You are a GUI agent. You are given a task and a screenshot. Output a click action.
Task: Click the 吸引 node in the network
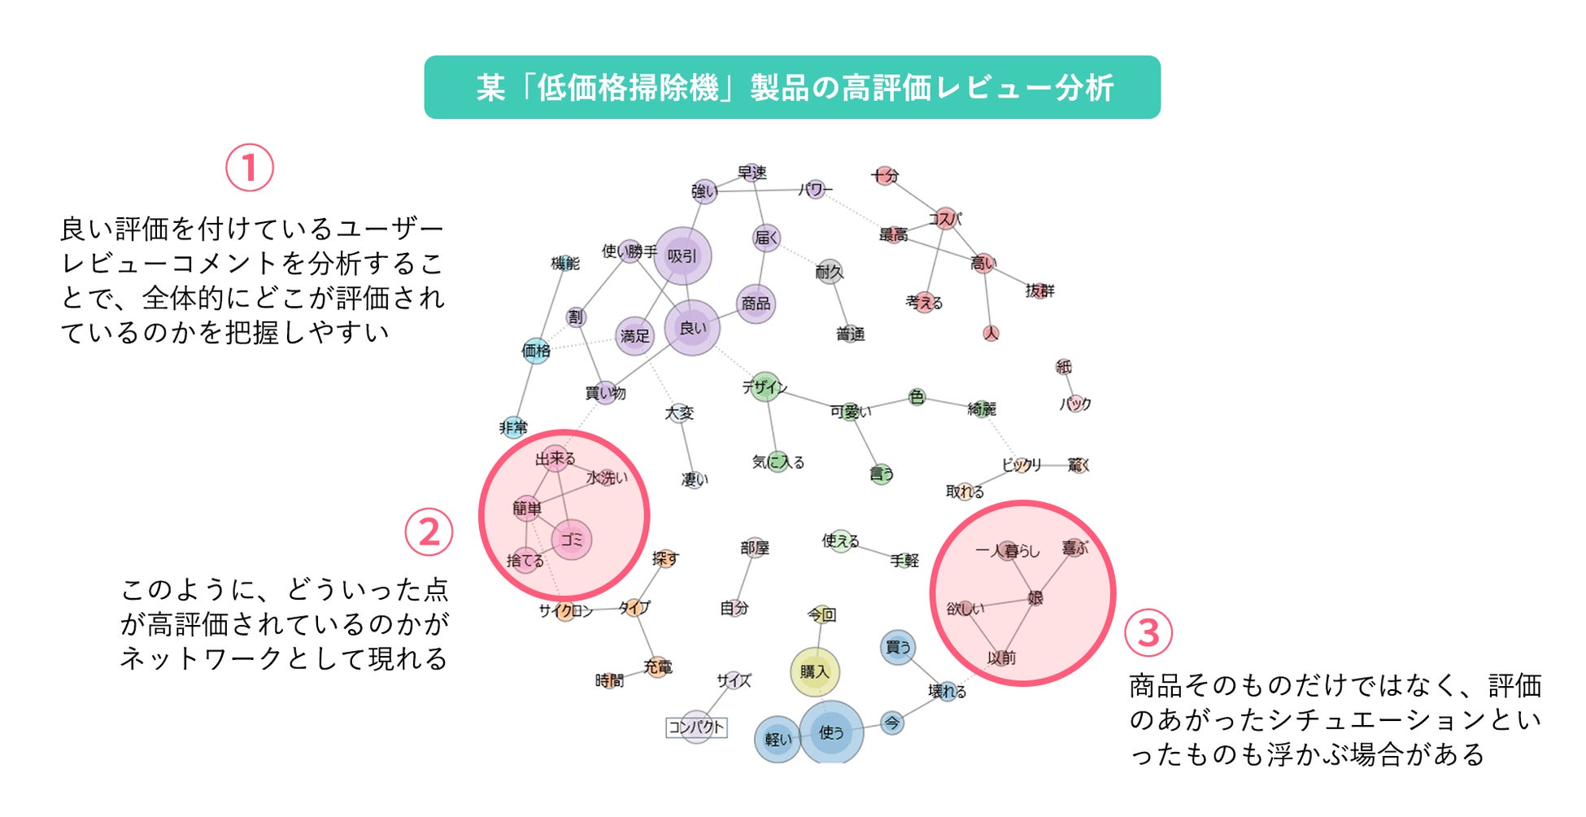click(682, 256)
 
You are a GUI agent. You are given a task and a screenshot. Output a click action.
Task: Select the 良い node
click(692, 328)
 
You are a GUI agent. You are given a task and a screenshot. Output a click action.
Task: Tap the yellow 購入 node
click(814, 671)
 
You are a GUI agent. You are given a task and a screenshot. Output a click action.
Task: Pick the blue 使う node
click(830, 732)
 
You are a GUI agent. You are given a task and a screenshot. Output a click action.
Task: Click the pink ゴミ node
click(572, 540)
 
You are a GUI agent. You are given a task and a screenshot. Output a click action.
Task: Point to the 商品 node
click(756, 304)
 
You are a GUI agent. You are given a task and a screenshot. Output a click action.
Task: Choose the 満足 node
click(635, 335)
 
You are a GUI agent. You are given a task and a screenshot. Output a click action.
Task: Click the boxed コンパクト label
click(696, 727)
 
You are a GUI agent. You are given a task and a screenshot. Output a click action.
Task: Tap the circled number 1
click(249, 168)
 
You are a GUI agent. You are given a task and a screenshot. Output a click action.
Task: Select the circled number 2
click(429, 532)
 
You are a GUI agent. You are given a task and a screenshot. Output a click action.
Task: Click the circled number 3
click(1148, 632)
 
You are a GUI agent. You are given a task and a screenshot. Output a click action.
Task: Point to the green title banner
click(792, 87)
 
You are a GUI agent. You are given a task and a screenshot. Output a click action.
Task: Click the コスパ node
click(945, 218)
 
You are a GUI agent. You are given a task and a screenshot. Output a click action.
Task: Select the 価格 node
click(536, 351)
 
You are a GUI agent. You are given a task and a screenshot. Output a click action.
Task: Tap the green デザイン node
click(765, 387)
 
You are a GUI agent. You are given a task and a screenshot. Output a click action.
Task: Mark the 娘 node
click(1035, 598)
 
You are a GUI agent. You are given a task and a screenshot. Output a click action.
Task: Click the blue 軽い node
click(778, 739)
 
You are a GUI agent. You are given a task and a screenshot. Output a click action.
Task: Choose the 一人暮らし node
click(1008, 551)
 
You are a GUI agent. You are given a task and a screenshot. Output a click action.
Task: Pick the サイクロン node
click(566, 610)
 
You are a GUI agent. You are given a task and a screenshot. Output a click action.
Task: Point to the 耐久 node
click(829, 272)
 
